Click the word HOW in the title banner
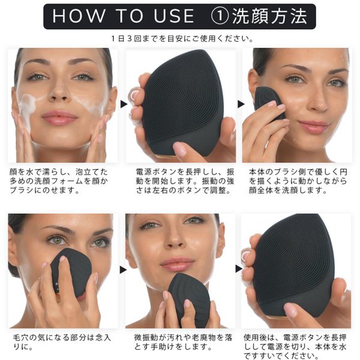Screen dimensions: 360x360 click(x=78, y=16)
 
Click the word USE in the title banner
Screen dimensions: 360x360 click(x=174, y=16)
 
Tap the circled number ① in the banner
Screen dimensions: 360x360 click(x=220, y=16)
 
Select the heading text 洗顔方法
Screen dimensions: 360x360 click(x=269, y=16)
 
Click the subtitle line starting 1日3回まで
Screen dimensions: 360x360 click(x=182, y=38)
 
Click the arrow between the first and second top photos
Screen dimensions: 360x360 click(x=124, y=104)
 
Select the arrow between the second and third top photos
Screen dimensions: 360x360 click(x=241, y=104)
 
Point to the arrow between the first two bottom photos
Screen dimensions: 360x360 click(x=123, y=270)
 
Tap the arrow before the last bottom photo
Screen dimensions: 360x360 click(x=239, y=269)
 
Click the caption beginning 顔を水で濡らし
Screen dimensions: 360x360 click(x=59, y=181)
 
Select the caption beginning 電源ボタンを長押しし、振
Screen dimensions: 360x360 click(x=185, y=181)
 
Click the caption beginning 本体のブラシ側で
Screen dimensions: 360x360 click(x=298, y=181)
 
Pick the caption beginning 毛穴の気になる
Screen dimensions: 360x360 click(x=62, y=342)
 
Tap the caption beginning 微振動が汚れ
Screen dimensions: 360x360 click(x=183, y=342)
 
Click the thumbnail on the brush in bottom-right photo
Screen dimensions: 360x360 click(x=292, y=309)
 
